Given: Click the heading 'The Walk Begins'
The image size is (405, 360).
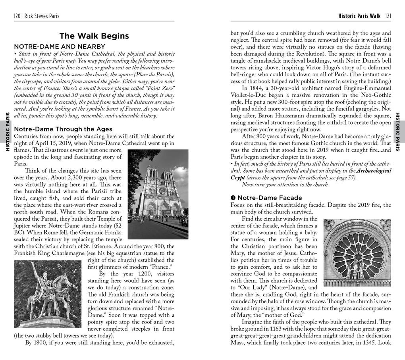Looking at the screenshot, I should [94, 36].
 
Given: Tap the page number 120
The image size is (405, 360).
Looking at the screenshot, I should [17, 16].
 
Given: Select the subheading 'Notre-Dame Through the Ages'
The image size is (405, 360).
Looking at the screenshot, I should [63, 129].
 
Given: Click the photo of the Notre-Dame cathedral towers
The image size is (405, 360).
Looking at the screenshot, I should [158, 194].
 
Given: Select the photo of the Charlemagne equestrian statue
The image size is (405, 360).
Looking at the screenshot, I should [48, 294].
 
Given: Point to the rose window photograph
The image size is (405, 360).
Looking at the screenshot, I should [357, 252].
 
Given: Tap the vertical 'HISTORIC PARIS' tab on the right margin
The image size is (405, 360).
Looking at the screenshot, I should [398, 131].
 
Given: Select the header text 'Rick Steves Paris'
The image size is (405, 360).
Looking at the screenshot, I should [42, 16].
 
